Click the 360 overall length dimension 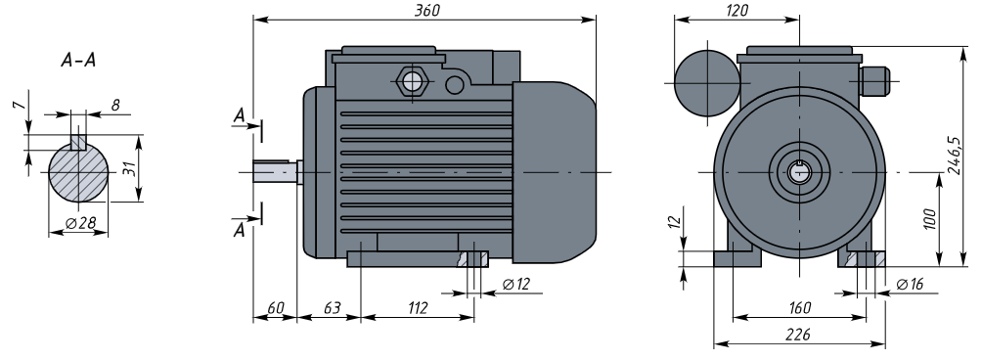click(x=427, y=11)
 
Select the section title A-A click(x=79, y=60)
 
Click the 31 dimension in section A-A click(x=129, y=168)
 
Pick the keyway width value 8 click(x=115, y=106)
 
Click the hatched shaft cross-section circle click(x=78, y=172)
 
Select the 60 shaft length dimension click(x=276, y=308)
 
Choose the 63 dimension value click(x=332, y=308)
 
